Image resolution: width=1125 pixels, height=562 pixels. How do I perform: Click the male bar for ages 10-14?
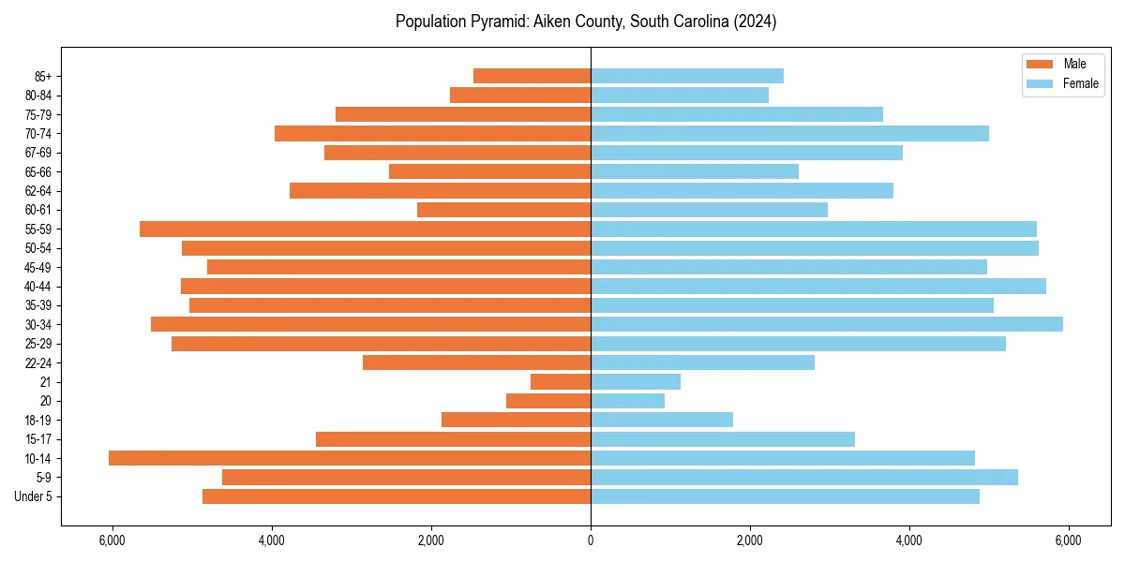(x=350, y=458)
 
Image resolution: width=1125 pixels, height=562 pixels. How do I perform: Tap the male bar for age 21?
(x=561, y=381)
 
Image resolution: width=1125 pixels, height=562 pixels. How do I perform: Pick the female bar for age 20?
(x=627, y=401)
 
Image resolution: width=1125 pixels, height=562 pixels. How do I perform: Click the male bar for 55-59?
(x=366, y=229)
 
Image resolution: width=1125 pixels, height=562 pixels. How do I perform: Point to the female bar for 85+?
(x=687, y=76)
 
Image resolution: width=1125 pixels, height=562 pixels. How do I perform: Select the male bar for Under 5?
(x=397, y=496)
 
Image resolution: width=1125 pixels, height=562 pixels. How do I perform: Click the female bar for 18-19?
(x=662, y=420)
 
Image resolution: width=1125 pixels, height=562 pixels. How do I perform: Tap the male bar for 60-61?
(x=503, y=210)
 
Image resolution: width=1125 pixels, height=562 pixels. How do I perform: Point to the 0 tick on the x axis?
(x=591, y=540)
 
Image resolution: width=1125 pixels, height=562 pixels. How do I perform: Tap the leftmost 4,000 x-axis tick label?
(x=272, y=540)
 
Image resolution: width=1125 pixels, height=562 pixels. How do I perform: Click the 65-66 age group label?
(x=41, y=171)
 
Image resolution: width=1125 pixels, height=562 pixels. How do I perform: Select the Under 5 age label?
(x=34, y=496)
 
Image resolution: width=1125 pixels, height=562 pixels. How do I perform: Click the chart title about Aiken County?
(x=586, y=22)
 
